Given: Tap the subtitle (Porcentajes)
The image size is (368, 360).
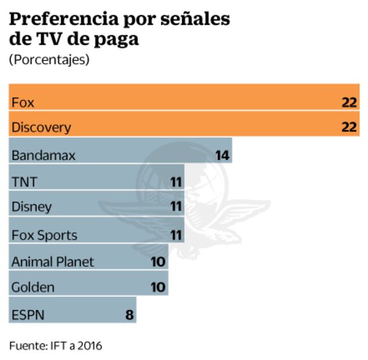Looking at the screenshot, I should tap(49, 60).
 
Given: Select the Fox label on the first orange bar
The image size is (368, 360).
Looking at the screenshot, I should tap(23, 103).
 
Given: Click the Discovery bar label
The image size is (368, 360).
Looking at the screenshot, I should tap(41, 127).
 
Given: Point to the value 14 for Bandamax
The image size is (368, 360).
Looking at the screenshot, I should tap(223, 155).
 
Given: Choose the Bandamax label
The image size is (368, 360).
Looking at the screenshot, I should tap(44, 156).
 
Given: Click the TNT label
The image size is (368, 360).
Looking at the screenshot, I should tap(24, 182).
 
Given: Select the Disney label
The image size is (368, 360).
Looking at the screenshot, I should tap(31, 207).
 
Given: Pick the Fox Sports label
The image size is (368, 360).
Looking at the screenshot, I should tap(44, 235).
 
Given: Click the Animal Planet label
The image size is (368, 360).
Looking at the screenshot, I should tap(52, 261).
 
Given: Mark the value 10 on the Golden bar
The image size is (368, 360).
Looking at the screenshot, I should tap(158, 287).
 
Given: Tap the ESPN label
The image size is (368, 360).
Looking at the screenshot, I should tap(27, 315).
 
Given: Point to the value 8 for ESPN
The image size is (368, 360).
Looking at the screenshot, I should tap(130, 315).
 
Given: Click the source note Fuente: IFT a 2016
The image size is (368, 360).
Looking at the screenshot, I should tap(56, 345).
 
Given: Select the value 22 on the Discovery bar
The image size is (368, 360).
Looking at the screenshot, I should tap(349, 127).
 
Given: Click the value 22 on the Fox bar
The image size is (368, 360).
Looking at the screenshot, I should tap(349, 103).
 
